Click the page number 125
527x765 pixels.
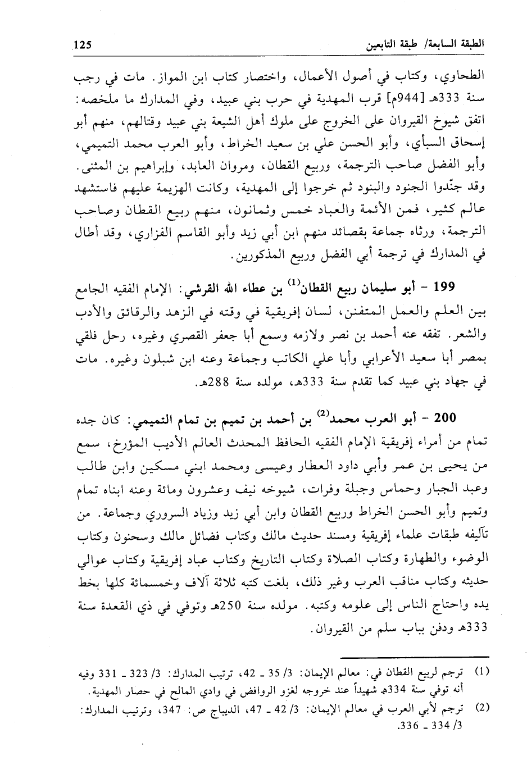[x=81, y=44]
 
